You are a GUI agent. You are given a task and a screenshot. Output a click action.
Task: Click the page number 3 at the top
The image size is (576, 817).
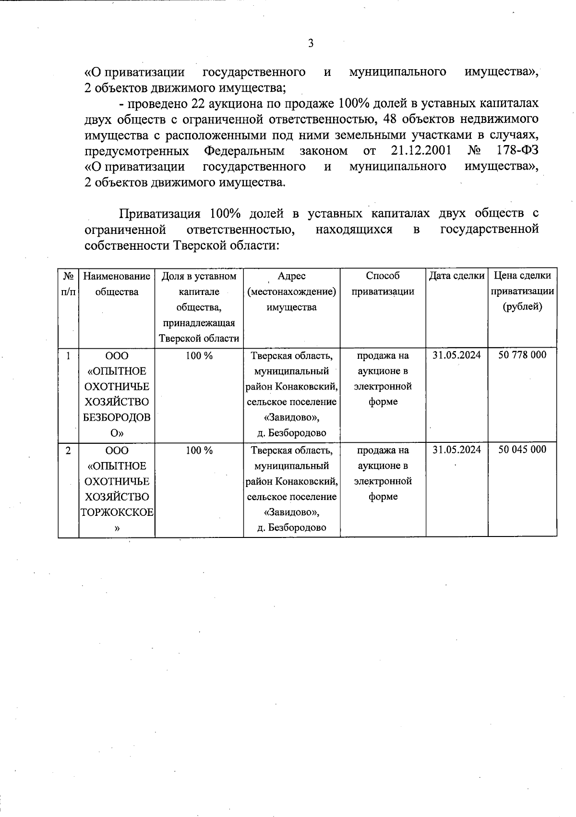311,44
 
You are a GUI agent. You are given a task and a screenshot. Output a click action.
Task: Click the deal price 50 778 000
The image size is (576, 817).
522,355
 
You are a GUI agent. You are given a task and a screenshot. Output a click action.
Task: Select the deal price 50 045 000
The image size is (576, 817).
522,450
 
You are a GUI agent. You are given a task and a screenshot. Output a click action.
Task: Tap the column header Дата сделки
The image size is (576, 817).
456,276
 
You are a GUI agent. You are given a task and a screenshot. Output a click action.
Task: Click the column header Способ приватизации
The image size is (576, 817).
383,284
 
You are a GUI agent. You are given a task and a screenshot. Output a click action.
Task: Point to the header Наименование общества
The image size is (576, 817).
117,284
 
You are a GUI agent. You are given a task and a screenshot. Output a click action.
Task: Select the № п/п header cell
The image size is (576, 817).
68,284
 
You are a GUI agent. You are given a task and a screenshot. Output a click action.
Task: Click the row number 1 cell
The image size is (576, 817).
68,356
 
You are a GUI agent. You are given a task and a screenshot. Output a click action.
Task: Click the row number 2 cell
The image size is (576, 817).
68,451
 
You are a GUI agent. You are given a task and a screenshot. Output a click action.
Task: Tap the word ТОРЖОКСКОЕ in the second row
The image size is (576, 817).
117,512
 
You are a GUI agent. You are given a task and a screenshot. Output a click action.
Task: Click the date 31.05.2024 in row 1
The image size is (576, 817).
456,355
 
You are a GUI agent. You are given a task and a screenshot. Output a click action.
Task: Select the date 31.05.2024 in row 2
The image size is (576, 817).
456,450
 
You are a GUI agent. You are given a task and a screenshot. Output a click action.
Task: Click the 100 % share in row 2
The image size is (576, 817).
199,451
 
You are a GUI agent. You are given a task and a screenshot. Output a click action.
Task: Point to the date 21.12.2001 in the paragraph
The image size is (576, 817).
421,151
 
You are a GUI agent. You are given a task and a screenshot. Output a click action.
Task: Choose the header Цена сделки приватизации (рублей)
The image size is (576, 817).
522,291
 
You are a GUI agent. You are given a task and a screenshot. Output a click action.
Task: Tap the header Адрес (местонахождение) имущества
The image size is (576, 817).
291,291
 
